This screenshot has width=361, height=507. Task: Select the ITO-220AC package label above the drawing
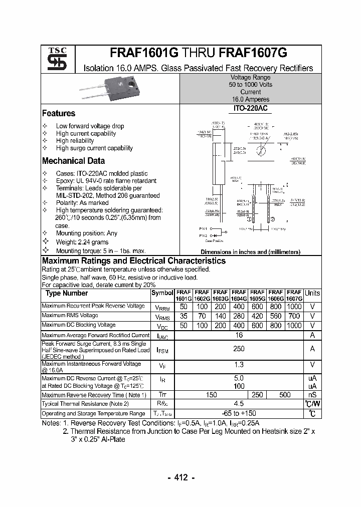(x=251, y=108)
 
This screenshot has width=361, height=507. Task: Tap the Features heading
(x=59, y=113)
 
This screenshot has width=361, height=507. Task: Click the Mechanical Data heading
(x=73, y=161)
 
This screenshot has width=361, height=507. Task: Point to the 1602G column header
(x=202, y=295)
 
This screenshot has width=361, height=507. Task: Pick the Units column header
(x=312, y=293)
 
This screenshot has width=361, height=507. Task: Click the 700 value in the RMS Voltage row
(x=294, y=316)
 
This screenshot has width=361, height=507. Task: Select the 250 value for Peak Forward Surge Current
(x=239, y=349)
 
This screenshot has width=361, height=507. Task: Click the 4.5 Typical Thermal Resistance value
(x=239, y=404)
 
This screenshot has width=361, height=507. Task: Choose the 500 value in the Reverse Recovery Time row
(x=285, y=395)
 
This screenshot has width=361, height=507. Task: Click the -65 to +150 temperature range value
(x=239, y=413)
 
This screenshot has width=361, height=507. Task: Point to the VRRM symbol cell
(x=162, y=307)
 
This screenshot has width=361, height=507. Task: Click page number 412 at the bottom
(x=180, y=477)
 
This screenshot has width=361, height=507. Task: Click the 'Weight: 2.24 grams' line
(x=82, y=242)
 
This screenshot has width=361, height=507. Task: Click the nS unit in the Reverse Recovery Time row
(x=312, y=395)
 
